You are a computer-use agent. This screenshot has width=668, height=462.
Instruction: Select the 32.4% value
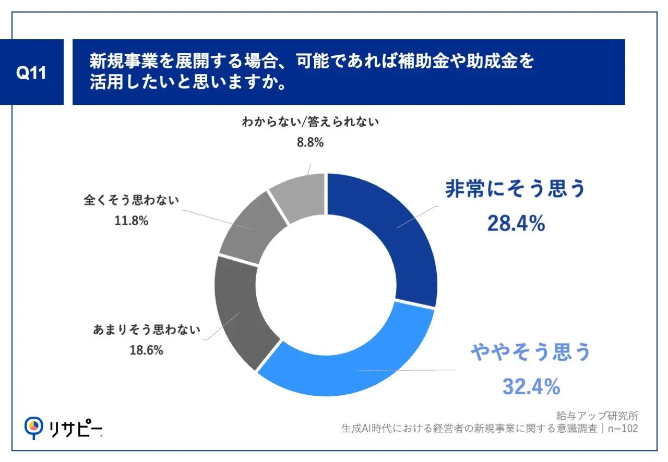coord(531,386)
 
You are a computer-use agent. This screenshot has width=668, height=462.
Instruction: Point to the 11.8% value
coord(131,221)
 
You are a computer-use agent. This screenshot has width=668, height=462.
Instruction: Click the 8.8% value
coord(309,142)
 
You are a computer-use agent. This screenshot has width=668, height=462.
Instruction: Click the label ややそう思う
coord(531,352)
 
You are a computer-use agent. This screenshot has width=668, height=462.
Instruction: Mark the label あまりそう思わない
coord(147,330)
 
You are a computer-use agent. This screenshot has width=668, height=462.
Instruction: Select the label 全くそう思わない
coord(132,200)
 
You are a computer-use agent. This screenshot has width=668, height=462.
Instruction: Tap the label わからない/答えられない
coord(309,123)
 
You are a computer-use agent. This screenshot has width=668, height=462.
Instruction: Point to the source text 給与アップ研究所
coord(597,416)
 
